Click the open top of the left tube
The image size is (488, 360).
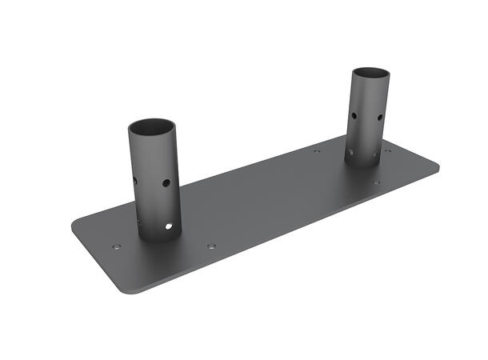tap(151, 127)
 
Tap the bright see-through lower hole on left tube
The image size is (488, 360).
tap(168, 226)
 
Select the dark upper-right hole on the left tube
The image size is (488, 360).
tap(166, 183)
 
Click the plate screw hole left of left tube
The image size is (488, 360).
tap(117, 247)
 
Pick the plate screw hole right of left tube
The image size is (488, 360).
tap(211, 246)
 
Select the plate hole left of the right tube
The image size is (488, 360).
tap(317, 150)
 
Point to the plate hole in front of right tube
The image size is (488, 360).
tap(376, 182)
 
